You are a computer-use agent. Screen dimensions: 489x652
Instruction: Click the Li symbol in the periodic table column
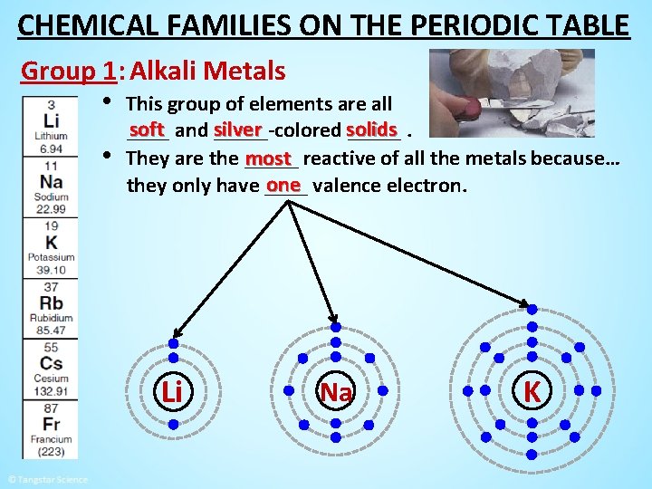pos(52,121)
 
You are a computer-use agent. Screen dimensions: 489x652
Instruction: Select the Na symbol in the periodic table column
pos(52,181)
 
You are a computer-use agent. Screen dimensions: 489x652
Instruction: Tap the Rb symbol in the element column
pos(52,303)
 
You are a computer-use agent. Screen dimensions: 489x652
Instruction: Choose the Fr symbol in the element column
pos(52,424)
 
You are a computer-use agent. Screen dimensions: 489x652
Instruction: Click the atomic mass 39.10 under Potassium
pos(52,270)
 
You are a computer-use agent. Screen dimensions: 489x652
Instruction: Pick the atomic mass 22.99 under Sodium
pos(52,209)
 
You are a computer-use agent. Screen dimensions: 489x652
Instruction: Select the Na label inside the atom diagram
pos(336,392)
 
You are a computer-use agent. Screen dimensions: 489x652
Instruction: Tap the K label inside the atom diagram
pos(532,391)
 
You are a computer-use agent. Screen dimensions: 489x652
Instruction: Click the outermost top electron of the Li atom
pos(174,344)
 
